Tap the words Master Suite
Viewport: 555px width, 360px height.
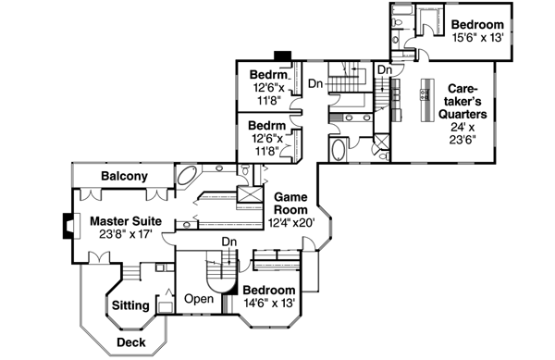tap(126, 222)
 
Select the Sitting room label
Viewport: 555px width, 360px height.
tap(130, 305)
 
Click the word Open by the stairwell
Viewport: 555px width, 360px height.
tap(199, 299)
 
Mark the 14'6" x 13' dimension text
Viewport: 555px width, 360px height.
tap(268, 303)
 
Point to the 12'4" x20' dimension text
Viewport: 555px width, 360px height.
tap(292, 223)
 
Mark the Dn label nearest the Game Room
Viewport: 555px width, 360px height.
tap(228, 242)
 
